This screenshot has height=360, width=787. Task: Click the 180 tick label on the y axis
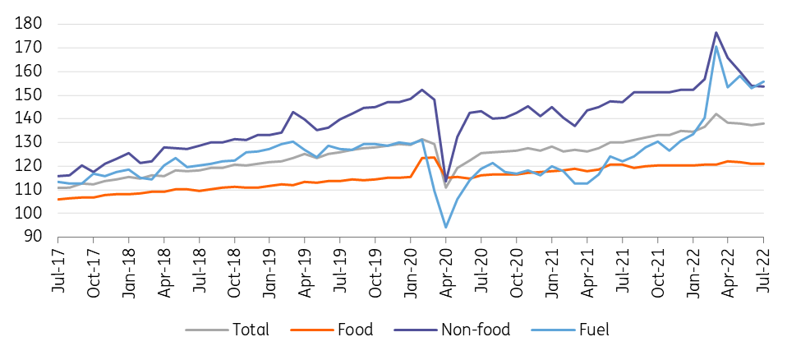(x=30, y=24)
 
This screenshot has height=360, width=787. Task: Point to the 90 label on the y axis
(x=35, y=237)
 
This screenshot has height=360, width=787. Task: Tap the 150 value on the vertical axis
(x=30, y=95)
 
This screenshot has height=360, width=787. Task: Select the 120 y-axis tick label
(x=30, y=166)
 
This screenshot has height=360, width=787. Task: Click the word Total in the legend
(x=251, y=330)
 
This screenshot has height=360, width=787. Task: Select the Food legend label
(x=356, y=330)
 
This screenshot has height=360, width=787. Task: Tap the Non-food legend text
(x=476, y=330)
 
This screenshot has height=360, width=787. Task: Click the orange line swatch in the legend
(x=311, y=330)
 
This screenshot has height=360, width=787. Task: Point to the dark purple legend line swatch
(x=415, y=330)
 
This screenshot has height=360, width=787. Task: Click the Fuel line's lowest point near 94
(x=446, y=228)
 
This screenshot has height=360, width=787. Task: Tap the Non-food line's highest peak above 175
(x=716, y=33)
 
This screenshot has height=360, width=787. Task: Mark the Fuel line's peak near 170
(x=716, y=46)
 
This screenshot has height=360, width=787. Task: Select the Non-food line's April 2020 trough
(x=446, y=182)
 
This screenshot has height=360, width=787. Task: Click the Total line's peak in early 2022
(x=716, y=114)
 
